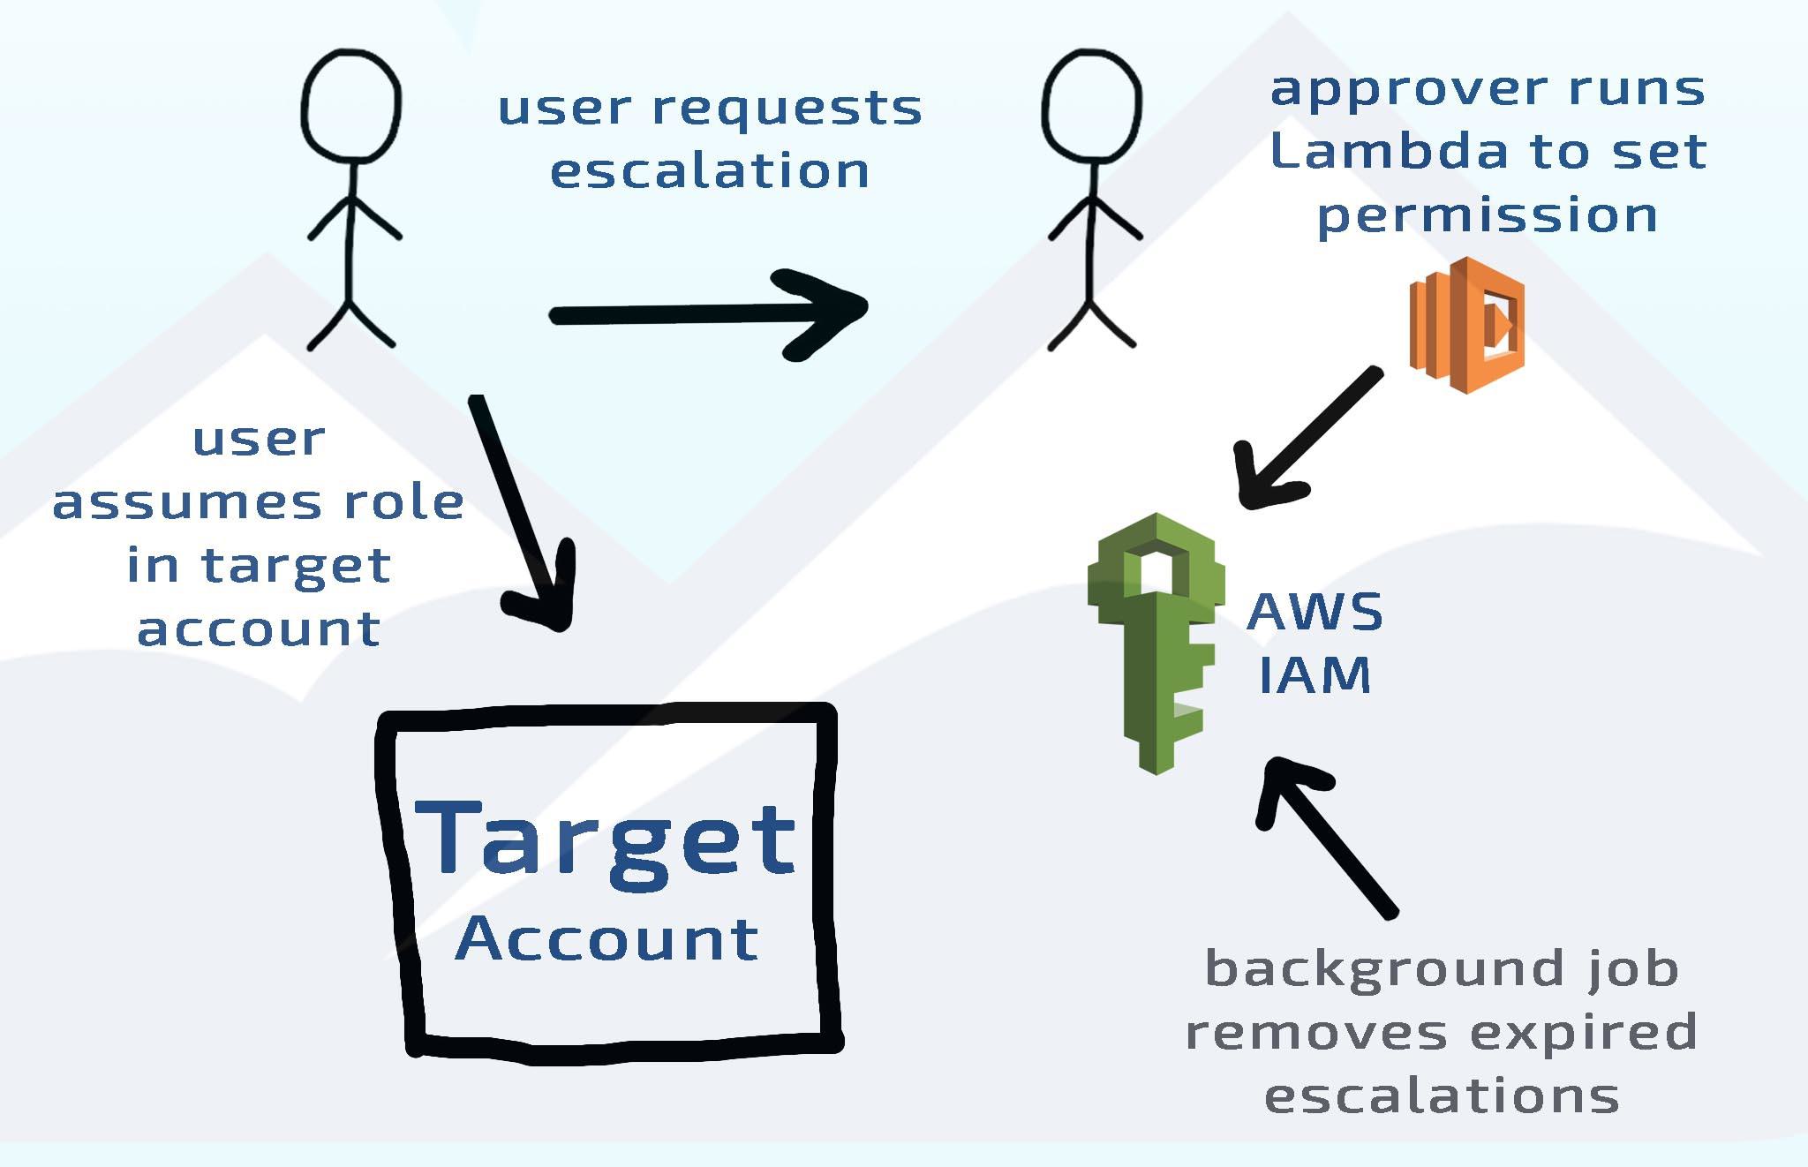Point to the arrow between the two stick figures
click(x=706, y=313)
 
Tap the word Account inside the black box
click(x=607, y=939)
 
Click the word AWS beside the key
click(x=1315, y=612)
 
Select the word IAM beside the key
click(x=1315, y=675)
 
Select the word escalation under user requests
click(x=710, y=170)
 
